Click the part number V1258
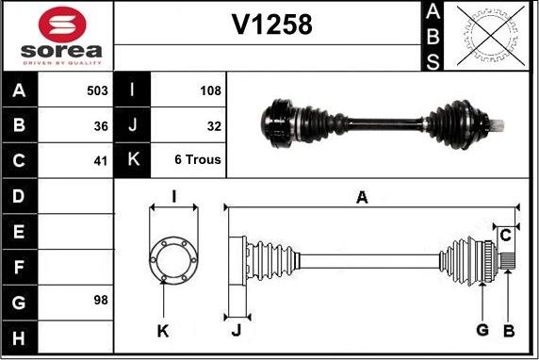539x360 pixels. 272,25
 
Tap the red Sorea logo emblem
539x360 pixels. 62,25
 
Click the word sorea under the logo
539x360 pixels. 61,51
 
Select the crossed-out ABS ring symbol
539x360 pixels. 491,36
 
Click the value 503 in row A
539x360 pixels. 97,90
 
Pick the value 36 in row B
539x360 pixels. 101,126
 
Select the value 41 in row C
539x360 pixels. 101,161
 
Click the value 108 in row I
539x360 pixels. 210,90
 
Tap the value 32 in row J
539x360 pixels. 214,126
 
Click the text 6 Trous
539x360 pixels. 198,159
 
